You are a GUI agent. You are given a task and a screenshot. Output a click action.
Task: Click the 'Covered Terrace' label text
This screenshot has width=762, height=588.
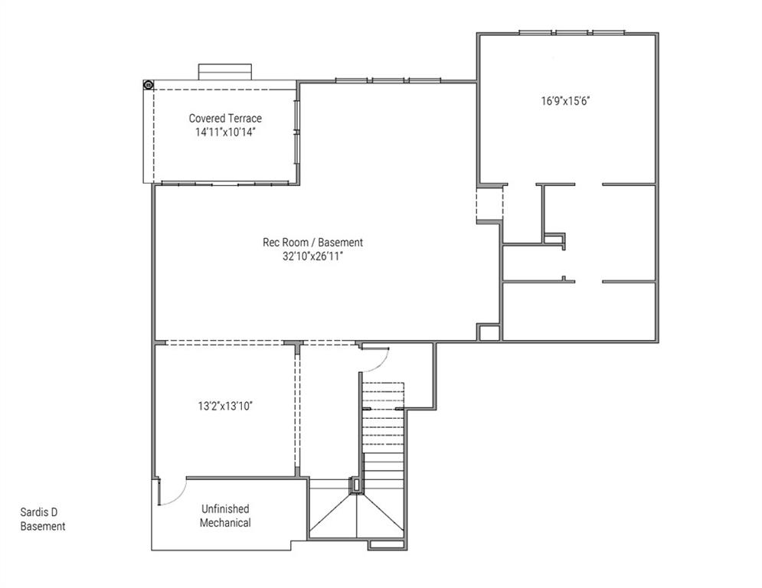[x=225, y=119]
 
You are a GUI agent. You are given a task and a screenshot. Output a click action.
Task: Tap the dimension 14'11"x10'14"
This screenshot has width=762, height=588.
[x=225, y=132]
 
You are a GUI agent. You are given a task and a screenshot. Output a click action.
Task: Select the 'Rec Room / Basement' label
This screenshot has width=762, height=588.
[x=312, y=243]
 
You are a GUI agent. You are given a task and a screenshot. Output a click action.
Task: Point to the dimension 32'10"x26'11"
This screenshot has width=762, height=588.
[x=312, y=256]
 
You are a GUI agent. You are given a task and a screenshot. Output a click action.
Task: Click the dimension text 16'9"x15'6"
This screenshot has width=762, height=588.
[x=566, y=100]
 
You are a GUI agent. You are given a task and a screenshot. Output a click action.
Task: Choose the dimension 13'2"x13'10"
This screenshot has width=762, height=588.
[x=225, y=406]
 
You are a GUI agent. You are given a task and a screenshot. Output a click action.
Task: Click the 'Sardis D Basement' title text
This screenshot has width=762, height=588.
[x=43, y=519]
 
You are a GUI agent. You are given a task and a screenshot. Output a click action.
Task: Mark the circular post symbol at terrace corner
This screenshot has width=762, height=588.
[x=149, y=84]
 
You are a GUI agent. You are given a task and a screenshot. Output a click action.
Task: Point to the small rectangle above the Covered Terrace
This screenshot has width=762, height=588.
[x=225, y=71]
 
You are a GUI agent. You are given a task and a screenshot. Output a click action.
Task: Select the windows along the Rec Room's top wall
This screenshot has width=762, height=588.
[x=388, y=80]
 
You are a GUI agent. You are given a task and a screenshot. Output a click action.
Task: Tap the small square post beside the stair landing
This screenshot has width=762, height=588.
[x=355, y=485]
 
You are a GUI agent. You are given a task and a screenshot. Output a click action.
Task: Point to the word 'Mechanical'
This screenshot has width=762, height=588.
[x=225, y=523]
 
